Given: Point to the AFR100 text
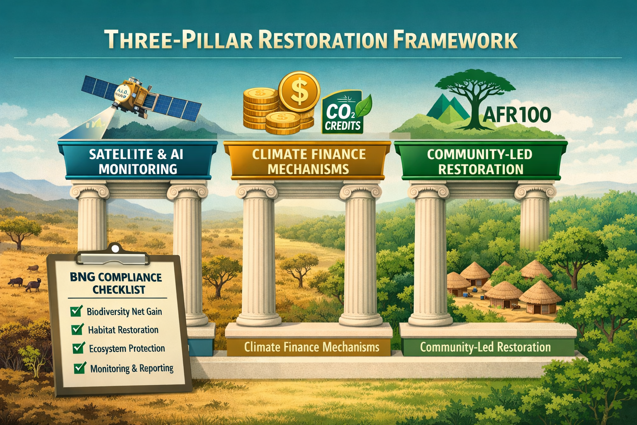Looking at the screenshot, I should pyautogui.click(x=517, y=115).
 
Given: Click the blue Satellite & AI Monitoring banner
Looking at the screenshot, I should pyautogui.click(x=137, y=161).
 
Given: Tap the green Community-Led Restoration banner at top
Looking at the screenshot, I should pyautogui.click(x=480, y=161).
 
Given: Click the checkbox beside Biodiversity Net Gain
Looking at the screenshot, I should pyautogui.click(x=76, y=311).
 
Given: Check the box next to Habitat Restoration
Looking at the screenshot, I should pyautogui.click(x=77, y=329).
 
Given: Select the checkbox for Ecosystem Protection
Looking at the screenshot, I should pyautogui.click(x=78, y=348).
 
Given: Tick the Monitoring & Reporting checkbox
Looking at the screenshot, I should pyautogui.click(x=80, y=368).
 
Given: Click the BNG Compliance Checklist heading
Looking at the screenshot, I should pyautogui.click(x=116, y=283).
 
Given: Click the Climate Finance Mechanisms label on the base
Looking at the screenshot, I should pyautogui.click(x=311, y=347).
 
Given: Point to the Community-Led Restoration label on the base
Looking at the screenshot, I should pyautogui.click(x=485, y=347).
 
